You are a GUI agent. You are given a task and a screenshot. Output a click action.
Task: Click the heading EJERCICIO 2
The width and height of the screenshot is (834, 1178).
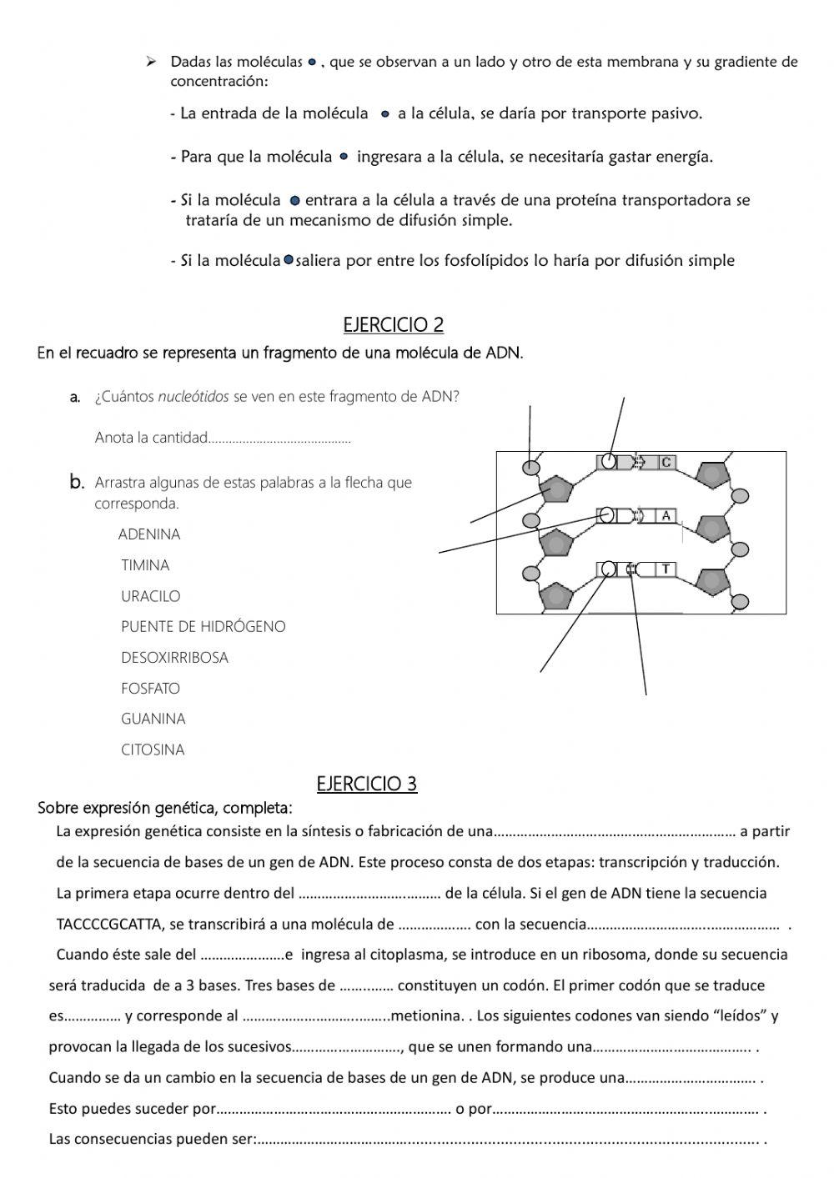click(393, 324)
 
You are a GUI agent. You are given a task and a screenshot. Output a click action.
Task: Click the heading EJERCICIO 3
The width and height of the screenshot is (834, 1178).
click(366, 783)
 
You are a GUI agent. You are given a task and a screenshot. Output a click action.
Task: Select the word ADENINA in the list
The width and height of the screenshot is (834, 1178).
click(149, 534)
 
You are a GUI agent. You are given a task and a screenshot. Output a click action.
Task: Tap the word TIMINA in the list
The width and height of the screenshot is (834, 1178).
click(145, 565)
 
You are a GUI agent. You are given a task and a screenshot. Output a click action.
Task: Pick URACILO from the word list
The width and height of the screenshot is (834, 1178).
click(150, 596)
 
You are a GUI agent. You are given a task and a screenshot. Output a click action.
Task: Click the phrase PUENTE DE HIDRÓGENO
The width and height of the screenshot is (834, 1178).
click(203, 626)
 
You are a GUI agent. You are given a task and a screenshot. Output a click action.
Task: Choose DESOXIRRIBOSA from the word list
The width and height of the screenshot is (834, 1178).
click(174, 657)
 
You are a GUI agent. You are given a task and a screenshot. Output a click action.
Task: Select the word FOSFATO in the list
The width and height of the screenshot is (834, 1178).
click(150, 688)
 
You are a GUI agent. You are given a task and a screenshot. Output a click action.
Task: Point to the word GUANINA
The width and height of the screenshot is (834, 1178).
click(153, 719)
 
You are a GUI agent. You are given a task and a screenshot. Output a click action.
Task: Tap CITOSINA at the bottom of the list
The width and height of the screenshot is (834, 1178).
click(153, 749)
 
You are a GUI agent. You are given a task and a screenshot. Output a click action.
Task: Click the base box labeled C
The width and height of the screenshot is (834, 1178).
click(666, 462)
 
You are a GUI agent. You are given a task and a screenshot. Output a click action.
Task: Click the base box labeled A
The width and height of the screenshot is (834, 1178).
click(666, 516)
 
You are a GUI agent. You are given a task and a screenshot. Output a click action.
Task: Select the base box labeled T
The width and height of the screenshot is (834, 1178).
click(666, 569)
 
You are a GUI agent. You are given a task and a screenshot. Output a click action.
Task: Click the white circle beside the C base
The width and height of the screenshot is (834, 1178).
click(610, 461)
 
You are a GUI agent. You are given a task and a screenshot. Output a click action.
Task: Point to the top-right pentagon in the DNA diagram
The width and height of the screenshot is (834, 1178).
click(711, 475)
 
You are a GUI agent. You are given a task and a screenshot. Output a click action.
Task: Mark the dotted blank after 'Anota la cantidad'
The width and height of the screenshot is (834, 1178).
click(279, 439)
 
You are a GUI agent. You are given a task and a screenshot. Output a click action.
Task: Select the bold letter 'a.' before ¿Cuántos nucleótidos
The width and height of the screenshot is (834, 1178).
click(75, 397)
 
